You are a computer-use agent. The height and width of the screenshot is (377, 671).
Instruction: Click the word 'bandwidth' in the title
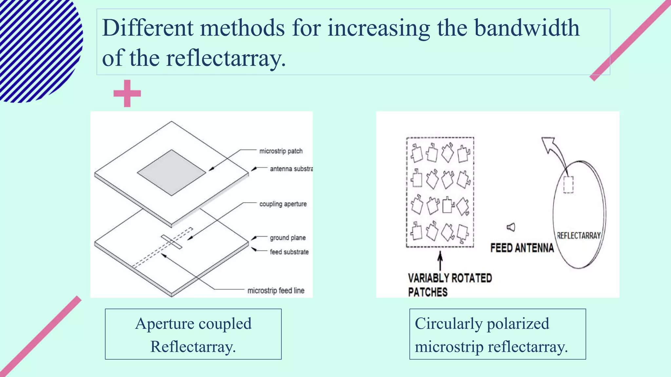click(x=527, y=28)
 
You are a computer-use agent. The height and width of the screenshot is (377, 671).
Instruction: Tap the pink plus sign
click(x=127, y=93)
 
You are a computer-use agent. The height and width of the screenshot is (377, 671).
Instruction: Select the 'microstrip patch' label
click(x=281, y=151)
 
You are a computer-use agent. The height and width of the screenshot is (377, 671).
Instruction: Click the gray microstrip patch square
click(x=171, y=172)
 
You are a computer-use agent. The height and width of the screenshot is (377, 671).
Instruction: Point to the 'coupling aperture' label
click(x=283, y=204)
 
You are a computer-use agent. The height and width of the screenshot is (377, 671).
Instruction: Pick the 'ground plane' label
click(x=288, y=238)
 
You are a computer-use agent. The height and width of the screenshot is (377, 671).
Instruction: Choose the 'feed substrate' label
click(x=289, y=252)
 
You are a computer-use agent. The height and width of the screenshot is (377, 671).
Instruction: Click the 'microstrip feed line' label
click(x=276, y=290)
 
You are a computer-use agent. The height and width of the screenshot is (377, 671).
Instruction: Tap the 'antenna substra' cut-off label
click(x=291, y=169)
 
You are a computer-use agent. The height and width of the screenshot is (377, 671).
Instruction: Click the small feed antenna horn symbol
click(x=511, y=227)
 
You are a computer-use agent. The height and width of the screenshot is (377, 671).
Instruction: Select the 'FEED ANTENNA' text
click(x=522, y=248)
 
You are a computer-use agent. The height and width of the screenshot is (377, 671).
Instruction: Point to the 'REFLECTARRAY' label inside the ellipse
click(x=579, y=236)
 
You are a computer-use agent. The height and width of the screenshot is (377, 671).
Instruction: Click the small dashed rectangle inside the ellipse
click(x=568, y=185)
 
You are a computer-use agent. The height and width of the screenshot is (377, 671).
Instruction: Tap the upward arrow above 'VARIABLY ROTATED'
click(x=440, y=261)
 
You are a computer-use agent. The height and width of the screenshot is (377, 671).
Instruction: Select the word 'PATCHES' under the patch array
click(x=428, y=292)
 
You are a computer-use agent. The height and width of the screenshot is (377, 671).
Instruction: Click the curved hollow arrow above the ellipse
click(x=554, y=149)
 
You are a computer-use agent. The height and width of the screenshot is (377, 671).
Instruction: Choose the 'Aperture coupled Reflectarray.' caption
click(x=193, y=334)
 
